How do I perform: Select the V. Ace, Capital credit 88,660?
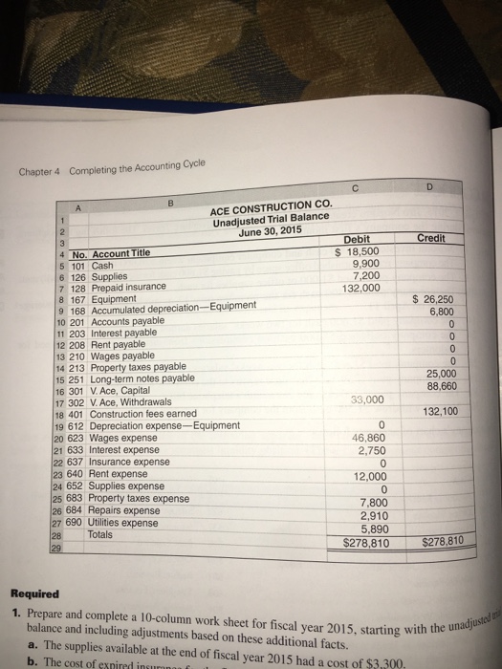pos(439,386)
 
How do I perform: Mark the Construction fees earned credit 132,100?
pos(439,412)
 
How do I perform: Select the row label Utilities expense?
pos(127,524)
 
